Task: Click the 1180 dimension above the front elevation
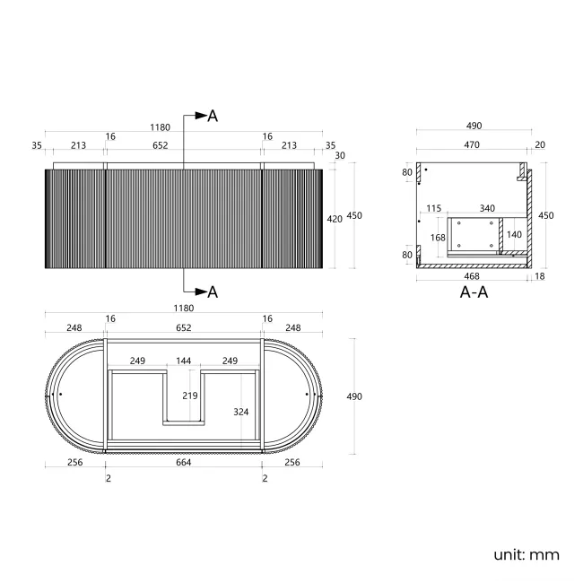pos(160,127)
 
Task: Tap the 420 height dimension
pos(335,220)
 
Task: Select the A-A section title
pos(474,292)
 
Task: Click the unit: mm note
pos(526,554)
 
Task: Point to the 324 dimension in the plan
pos(241,412)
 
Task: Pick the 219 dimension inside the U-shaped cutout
pos(189,396)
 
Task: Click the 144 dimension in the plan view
pos(183,361)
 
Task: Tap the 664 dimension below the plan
pos(183,462)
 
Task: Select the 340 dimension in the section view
pos(487,208)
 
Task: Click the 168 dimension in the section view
pos(438,237)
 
